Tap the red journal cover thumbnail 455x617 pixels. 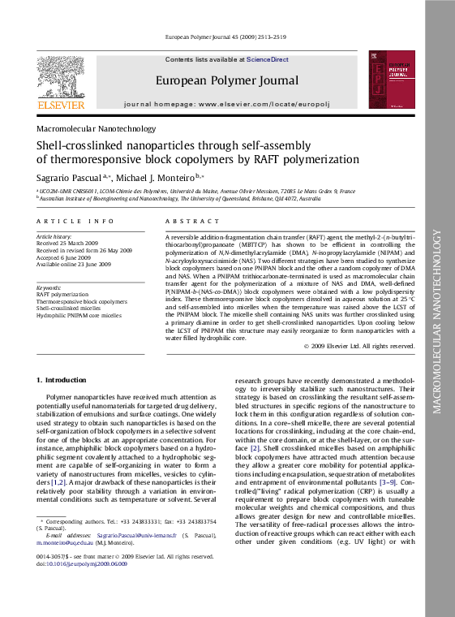click(393, 80)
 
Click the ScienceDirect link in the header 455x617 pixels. click(268, 60)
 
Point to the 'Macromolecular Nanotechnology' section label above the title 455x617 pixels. click(96, 128)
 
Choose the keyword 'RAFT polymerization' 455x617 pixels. click(63, 295)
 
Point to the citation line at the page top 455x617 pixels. click(225, 37)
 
